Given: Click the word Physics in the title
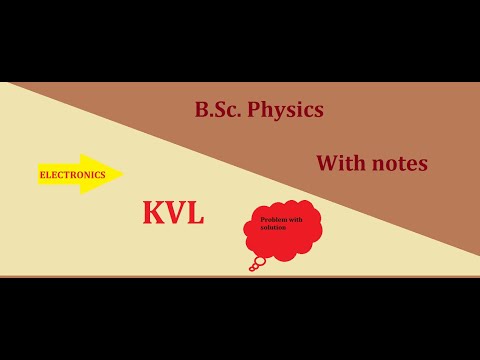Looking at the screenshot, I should coord(290,110).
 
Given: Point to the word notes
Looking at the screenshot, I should coord(398,162).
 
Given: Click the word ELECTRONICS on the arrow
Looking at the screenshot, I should coord(72,174).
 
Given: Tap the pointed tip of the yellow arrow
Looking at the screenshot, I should coord(122,174).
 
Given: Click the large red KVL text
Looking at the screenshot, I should coord(173,212).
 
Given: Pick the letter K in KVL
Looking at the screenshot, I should coord(154,212).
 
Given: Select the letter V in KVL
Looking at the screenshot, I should coord(175,212).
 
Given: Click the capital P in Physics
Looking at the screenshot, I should coord(262,110).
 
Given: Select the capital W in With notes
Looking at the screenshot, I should coord(326,162).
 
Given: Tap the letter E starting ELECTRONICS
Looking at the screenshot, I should coord(42,175).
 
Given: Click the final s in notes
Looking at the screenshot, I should coord(423,164).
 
